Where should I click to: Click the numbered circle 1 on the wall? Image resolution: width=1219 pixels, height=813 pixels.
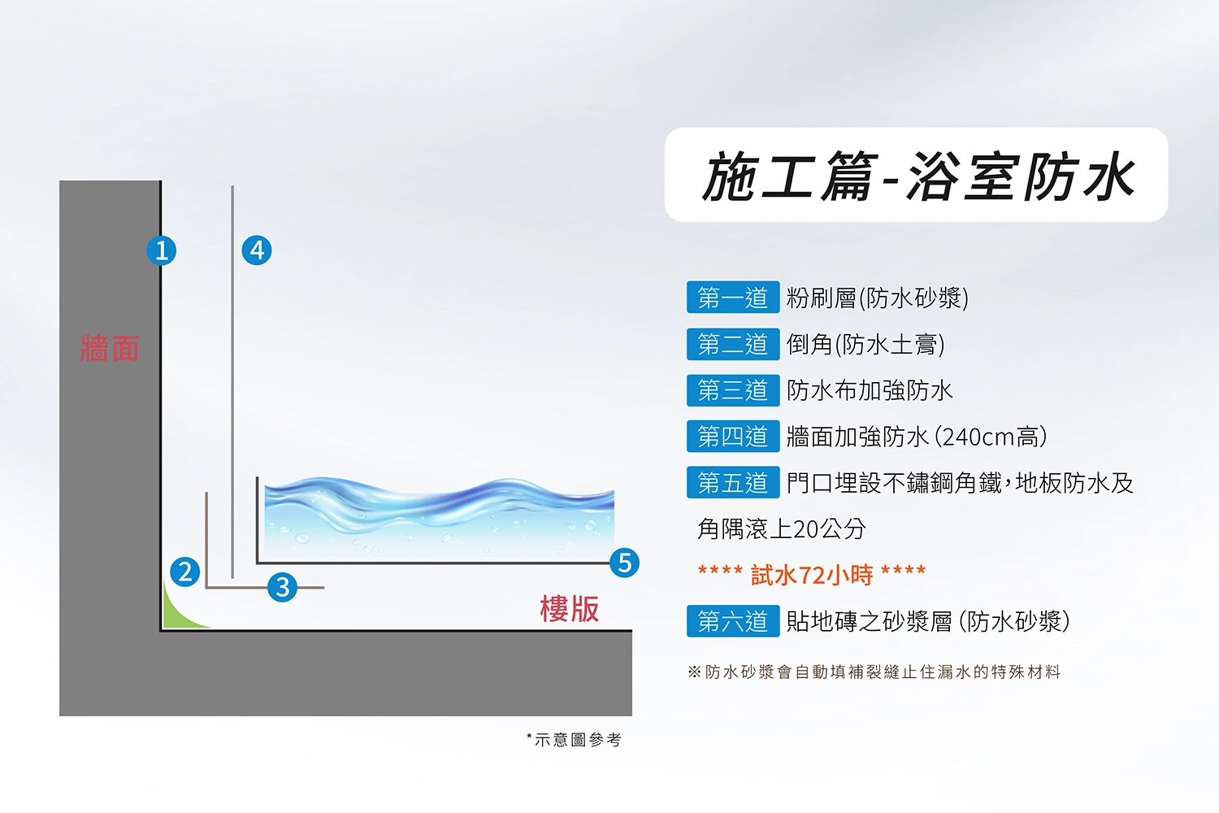point(161,250)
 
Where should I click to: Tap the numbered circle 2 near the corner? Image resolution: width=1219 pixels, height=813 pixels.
point(185,572)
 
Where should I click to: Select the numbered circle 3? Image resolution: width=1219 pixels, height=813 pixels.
point(283,587)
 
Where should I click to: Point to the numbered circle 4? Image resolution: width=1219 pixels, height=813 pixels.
point(257,250)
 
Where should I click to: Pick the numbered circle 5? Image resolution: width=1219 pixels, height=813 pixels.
point(624,563)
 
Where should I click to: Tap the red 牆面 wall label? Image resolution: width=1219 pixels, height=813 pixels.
point(110,348)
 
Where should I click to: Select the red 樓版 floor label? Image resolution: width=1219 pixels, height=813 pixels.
point(570,608)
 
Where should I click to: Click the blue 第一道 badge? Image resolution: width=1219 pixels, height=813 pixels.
point(733,298)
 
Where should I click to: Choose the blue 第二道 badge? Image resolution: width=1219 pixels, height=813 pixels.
point(733,344)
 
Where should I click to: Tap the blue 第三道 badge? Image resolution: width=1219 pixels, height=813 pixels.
point(733,390)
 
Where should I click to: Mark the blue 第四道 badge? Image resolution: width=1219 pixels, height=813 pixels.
point(733,437)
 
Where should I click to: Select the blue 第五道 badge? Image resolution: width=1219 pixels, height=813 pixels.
point(733,482)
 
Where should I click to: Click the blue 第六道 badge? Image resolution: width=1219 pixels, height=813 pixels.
point(733,621)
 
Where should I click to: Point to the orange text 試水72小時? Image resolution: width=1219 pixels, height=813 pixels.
point(812,575)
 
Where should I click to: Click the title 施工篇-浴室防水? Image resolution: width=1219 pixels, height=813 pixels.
point(918,176)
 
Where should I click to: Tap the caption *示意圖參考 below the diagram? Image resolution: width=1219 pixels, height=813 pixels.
point(574,740)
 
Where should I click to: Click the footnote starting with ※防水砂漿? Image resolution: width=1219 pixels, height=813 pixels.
point(874,672)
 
